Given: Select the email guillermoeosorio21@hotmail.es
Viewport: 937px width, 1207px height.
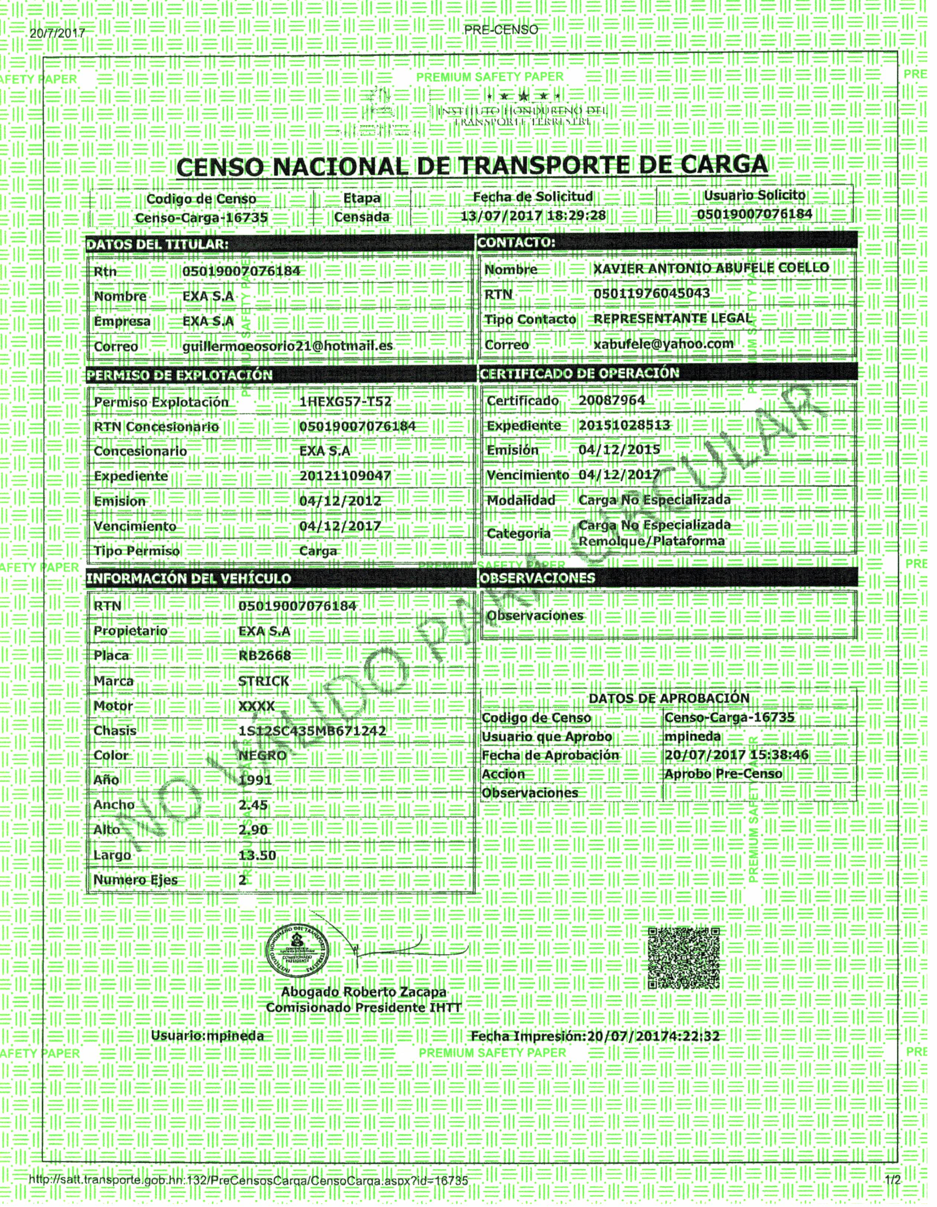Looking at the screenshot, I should (x=288, y=346).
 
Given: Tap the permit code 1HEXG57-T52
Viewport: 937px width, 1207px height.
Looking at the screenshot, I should (x=345, y=402).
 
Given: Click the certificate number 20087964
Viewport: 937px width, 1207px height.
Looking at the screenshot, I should (x=612, y=400).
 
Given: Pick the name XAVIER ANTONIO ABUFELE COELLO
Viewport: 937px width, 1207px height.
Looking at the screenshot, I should (x=711, y=268).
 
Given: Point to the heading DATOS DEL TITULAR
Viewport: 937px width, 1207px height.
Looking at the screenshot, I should (x=157, y=244).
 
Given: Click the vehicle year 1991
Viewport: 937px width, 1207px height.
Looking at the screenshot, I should (x=255, y=780).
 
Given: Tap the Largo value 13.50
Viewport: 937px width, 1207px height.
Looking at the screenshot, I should (x=257, y=855).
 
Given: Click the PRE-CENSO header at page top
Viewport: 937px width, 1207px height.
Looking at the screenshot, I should (x=501, y=30).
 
